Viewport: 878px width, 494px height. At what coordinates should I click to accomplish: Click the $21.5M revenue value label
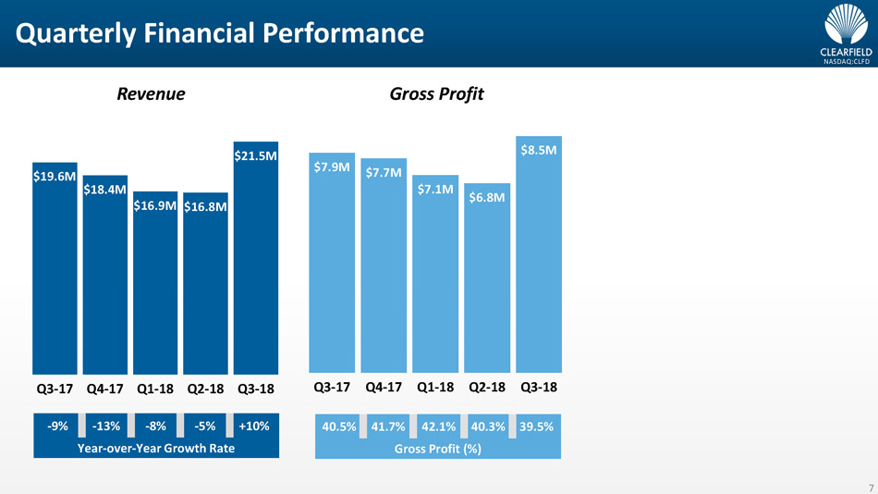255,156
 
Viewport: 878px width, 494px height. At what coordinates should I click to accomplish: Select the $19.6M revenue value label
54,178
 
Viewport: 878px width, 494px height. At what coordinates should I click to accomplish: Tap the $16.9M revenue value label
154,205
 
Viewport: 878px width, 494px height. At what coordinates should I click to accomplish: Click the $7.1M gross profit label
435,190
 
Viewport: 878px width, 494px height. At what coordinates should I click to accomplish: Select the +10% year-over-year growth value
253,426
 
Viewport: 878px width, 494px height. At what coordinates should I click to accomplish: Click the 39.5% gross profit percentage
536,427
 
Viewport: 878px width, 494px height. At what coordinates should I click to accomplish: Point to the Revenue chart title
151,93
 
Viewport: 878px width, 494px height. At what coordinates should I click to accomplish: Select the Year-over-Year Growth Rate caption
155,449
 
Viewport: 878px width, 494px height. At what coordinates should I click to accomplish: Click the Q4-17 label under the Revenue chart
105,389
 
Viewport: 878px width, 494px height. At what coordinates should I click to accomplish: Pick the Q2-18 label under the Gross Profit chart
487,387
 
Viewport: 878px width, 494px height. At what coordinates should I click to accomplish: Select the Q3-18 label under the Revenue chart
256,389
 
